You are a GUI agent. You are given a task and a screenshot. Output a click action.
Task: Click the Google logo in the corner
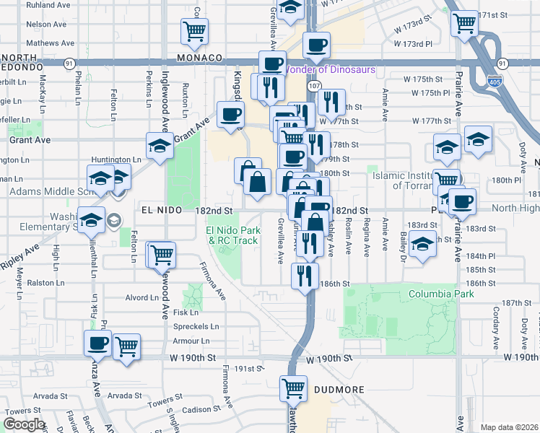click(x=24, y=424)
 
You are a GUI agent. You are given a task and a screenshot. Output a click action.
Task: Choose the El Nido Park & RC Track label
click(x=232, y=235)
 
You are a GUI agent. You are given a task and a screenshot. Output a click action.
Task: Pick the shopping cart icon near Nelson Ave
click(x=194, y=30)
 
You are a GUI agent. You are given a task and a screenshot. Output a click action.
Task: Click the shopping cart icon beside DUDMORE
click(x=293, y=388)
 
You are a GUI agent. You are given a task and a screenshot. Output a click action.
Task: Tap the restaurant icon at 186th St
click(x=305, y=274)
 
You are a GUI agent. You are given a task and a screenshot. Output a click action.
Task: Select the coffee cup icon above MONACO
click(x=316, y=45)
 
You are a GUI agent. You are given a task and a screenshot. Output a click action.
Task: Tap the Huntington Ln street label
click(x=116, y=159)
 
